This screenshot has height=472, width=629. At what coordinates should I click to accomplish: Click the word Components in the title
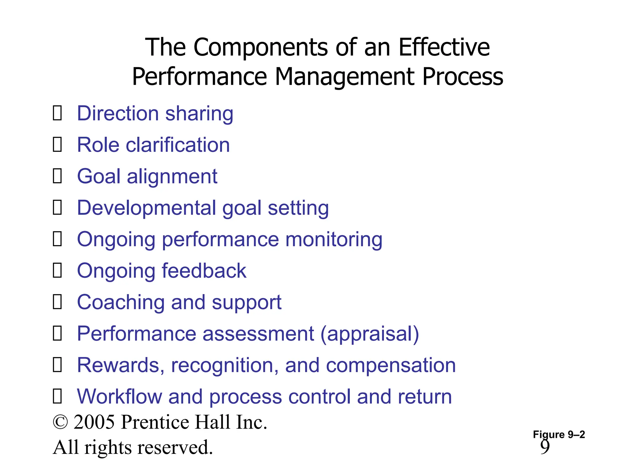[x=260, y=48]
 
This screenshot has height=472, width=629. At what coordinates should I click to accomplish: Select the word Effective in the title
[x=444, y=47]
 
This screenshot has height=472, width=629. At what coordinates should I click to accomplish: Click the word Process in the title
[x=463, y=77]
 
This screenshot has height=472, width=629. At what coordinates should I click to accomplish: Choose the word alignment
[x=172, y=177]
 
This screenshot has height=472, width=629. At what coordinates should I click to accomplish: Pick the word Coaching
[x=121, y=302]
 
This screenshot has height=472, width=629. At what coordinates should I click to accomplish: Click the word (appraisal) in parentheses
[x=370, y=334]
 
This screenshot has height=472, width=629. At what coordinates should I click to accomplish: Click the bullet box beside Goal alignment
[x=57, y=176]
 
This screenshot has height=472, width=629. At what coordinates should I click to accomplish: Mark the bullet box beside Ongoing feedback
[x=57, y=270]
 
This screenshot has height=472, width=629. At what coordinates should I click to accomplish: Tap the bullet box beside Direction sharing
[x=57, y=113]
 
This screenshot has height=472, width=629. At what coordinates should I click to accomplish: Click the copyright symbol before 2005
[x=60, y=422]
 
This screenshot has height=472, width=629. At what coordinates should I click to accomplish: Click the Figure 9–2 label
[x=559, y=435]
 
